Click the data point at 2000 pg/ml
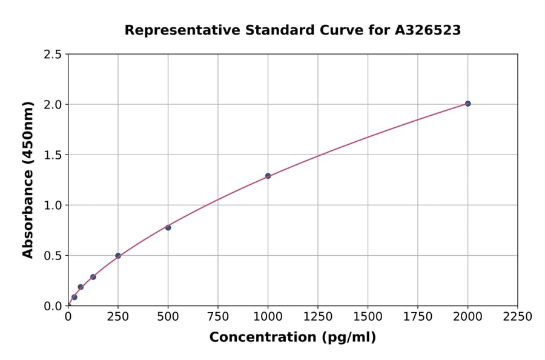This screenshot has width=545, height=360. tap(467, 104)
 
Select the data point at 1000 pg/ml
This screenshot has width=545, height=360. tap(268, 176)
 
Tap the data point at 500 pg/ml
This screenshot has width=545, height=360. tap(168, 227)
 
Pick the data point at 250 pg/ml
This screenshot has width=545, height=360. tap(118, 256)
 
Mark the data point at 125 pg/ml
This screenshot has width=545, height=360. tap(93, 277)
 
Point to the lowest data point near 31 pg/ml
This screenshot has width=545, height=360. tap(74, 297)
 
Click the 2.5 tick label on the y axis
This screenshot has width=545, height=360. tap(53, 55)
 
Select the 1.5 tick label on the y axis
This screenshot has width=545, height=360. tap(53, 155)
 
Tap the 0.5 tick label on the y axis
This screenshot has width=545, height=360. tap(53, 256)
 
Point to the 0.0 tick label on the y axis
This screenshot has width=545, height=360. tap(53, 306)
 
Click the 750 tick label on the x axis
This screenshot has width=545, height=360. tap(218, 317)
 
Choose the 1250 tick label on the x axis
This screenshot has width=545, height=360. tap(318, 317)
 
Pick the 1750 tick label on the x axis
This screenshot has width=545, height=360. tap(418, 317)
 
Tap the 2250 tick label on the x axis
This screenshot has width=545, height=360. tap(518, 317)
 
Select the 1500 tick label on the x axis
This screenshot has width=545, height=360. tap(368, 317)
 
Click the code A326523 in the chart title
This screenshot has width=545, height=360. tap(428, 30)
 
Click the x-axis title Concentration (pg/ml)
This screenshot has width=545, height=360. tap(292, 338)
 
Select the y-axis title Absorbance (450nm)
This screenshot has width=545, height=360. tap(28, 180)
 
